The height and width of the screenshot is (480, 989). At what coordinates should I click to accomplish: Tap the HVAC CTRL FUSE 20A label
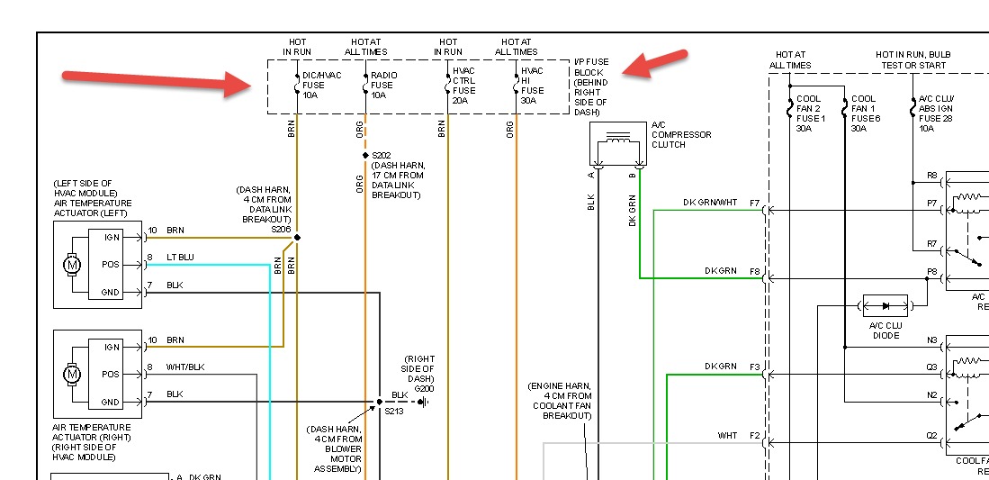[x=463, y=85]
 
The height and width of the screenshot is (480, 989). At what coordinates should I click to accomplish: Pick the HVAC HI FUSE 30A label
[x=532, y=85]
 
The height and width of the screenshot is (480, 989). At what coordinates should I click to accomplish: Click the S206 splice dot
[x=297, y=238]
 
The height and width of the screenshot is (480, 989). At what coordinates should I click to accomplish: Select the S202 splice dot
[x=365, y=156]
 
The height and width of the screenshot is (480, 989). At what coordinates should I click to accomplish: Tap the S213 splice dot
[x=380, y=402]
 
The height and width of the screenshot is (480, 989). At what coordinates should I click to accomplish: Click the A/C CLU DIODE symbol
[x=886, y=305]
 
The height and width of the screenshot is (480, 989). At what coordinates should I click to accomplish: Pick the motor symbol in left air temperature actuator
[x=71, y=265]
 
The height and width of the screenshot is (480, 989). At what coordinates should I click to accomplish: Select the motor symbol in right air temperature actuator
[x=71, y=374]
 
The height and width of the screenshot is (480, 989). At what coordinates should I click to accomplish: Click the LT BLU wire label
[x=180, y=258]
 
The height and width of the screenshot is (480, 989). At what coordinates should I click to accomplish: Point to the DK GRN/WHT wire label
[x=709, y=203]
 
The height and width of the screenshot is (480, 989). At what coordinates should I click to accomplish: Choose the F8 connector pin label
[x=754, y=271]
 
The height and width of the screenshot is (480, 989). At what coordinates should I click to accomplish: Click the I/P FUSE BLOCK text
[x=591, y=86]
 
